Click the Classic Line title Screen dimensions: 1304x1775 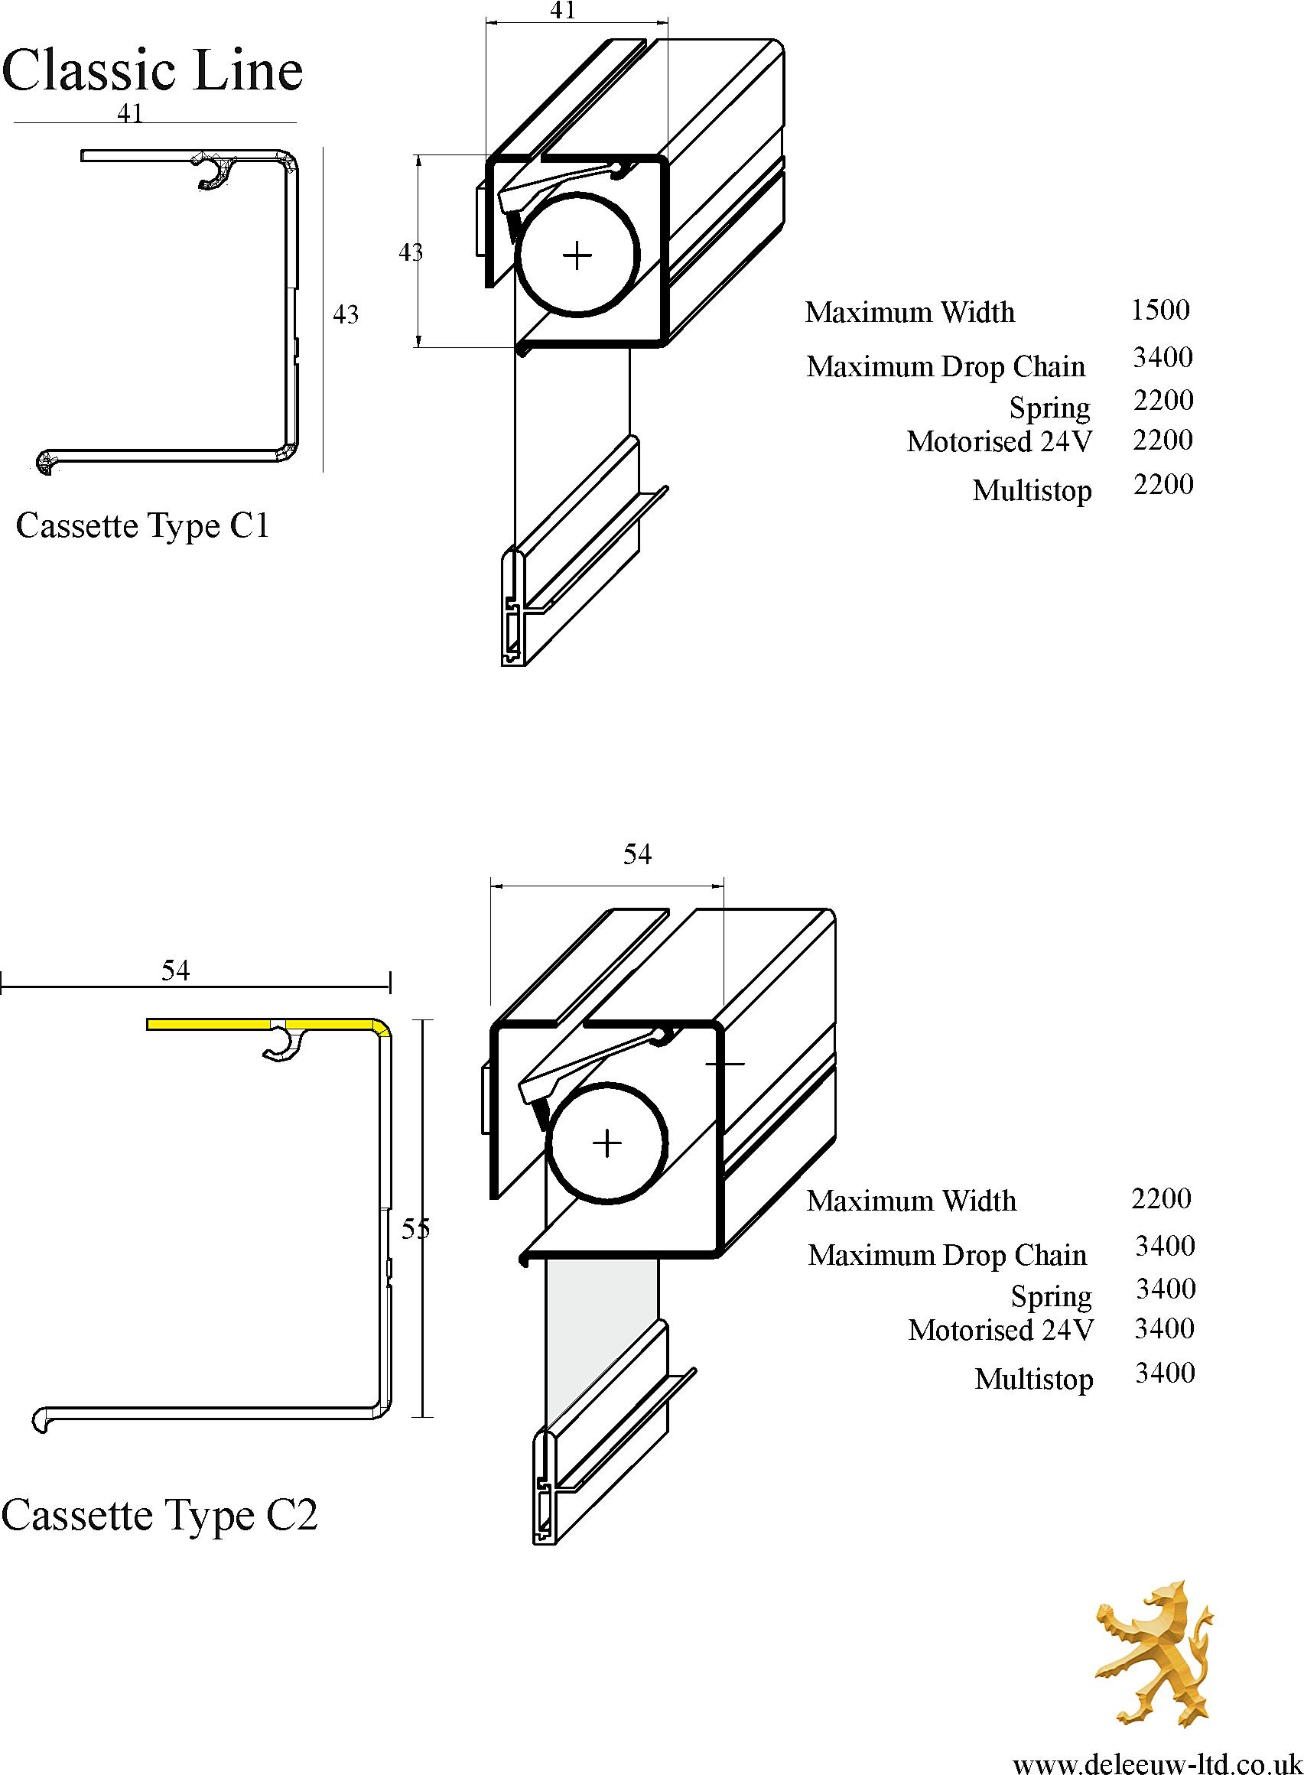pos(152,70)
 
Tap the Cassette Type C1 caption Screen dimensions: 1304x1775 pos(143,525)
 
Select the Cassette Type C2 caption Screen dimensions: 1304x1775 pos(159,1514)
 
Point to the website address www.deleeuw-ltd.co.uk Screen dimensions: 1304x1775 pos(1156,1758)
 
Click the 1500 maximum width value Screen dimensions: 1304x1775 pos(1160,310)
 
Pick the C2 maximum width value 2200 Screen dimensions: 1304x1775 pos(1161,1198)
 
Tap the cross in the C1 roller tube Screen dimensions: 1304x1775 pos(577,255)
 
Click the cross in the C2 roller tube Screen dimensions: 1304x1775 pos(606,1143)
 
